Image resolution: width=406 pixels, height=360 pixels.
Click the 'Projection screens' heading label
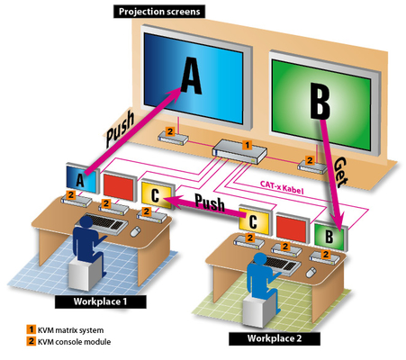(x=159, y=12)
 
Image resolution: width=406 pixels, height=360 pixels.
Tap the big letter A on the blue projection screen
(x=191, y=76)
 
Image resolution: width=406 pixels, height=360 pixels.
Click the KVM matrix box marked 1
(x=239, y=152)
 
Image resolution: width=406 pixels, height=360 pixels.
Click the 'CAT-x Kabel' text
(x=282, y=187)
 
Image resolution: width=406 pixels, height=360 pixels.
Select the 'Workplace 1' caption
(x=101, y=301)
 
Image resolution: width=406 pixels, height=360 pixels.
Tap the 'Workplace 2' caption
(x=275, y=338)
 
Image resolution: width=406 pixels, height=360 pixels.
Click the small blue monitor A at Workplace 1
(x=81, y=178)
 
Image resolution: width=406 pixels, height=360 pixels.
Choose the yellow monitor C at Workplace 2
(x=255, y=220)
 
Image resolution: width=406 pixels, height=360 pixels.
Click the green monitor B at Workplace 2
(x=331, y=237)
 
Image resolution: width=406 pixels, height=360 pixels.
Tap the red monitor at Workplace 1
(x=119, y=186)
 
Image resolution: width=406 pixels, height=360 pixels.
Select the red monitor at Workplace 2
(x=292, y=229)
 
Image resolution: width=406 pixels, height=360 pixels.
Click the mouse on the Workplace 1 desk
(x=136, y=231)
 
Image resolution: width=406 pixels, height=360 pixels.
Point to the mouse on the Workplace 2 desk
(x=311, y=273)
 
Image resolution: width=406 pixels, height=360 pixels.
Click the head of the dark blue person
(x=86, y=222)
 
